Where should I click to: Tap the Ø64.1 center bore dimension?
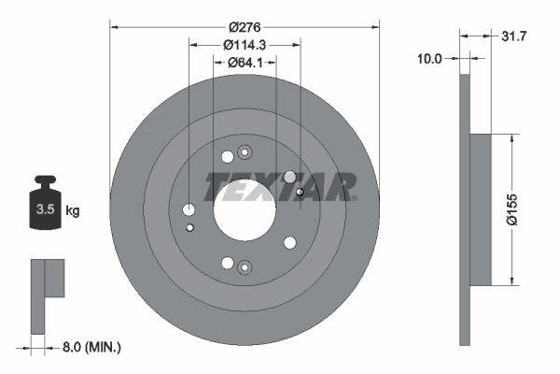click(x=245, y=63)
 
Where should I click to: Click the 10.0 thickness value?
click(x=428, y=58)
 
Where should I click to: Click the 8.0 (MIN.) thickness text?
click(x=90, y=348)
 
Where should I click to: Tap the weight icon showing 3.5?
click(x=43, y=207)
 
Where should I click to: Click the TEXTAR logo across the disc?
click(x=281, y=186)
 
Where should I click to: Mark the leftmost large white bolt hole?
click(x=189, y=209)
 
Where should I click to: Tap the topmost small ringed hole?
click(x=245, y=152)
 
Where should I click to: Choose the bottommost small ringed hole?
click(x=245, y=266)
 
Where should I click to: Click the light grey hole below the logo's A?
click(x=289, y=177)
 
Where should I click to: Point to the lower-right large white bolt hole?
click(x=289, y=243)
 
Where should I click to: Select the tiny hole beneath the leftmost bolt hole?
click(x=190, y=227)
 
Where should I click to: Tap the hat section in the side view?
click(x=479, y=209)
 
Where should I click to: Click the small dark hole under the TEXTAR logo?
click(x=299, y=193)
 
